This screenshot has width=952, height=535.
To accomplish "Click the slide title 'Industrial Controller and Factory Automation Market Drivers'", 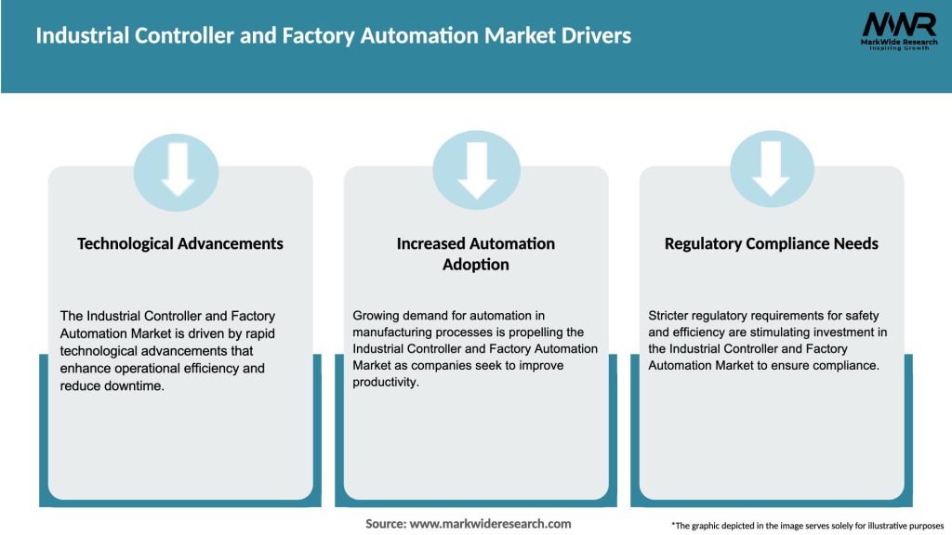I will pos(333,36).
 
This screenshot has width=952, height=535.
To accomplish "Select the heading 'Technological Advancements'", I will pos(180,243).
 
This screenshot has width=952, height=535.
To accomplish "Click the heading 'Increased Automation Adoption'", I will pos(476,254).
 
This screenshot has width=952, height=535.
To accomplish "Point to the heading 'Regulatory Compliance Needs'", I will pos(772,243).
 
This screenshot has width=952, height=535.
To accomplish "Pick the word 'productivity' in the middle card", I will pos(385,382).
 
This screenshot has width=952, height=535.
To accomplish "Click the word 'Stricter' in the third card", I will pos(671,316).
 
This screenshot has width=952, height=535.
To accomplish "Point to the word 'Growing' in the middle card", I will pos(377,316).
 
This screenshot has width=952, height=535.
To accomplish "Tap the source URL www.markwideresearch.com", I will pos(490,524).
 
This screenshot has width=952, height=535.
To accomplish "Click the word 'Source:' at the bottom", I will pos(386,524).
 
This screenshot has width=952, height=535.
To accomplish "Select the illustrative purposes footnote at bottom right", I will pos(807,526).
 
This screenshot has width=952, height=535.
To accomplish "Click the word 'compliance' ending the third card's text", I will pos(844,366).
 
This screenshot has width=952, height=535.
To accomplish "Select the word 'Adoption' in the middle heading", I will pos(476,265).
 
